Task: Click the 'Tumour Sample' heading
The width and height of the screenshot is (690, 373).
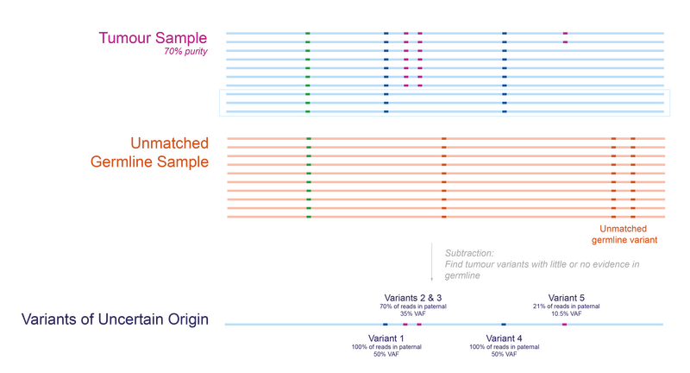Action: [153, 38]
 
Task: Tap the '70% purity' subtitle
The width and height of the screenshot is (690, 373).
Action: [185, 52]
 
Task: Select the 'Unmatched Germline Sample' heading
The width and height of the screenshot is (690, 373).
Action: [149, 152]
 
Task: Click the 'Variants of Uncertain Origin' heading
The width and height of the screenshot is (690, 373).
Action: [115, 319]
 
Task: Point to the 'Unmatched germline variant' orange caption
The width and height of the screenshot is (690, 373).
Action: [624, 234]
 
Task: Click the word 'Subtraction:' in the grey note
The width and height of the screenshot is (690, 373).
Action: [469, 253]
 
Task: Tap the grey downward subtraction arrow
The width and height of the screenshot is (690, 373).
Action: [432, 262]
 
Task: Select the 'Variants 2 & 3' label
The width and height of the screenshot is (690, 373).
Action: [413, 298]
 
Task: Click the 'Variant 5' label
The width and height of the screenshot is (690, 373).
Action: [567, 298]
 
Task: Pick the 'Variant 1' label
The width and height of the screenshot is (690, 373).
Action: [386, 338]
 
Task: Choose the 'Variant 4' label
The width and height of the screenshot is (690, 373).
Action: [504, 338]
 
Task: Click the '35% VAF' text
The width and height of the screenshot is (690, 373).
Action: [413, 314]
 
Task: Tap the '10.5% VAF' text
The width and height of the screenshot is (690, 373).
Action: [567, 314]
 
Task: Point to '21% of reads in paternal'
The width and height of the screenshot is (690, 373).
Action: [567, 307]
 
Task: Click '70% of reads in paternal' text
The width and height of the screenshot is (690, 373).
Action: [413, 307]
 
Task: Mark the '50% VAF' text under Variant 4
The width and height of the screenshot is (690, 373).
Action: [504, 355]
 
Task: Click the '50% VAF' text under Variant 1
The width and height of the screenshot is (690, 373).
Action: [386, 355]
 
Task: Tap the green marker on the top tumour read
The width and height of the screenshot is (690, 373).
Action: [308, 34]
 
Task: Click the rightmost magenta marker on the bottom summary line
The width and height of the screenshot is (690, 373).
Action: [564, 325]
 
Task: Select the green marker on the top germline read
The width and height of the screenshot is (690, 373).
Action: [309, 139]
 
